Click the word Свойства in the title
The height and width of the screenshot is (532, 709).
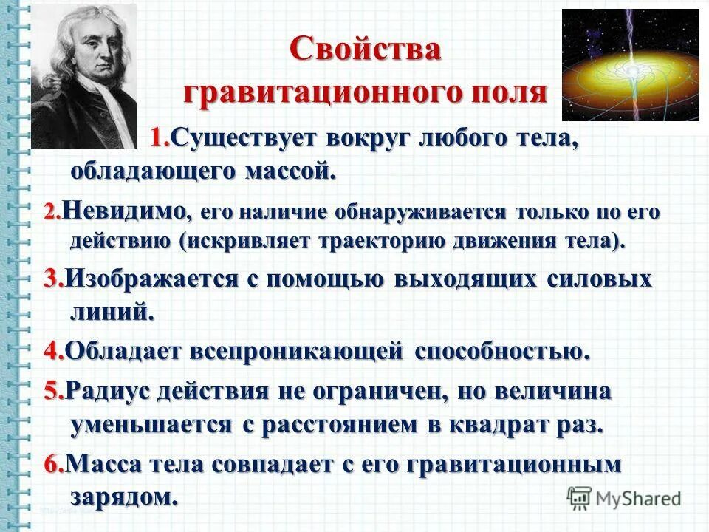[x=366, y=50]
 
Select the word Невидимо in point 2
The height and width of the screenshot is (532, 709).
[x=124, y=211]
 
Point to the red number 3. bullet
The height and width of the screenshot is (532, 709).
[x=53, y=279]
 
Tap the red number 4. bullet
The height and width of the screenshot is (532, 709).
[x=53, y=350]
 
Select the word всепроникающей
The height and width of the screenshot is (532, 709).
[x=295, y=350]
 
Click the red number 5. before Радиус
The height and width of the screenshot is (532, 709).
[x=53, y=390]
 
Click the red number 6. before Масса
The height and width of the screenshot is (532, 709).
[x=54, y=464]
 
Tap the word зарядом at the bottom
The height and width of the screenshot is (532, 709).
[x=124, y=494]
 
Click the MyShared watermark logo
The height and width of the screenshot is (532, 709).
[x=625, y=497]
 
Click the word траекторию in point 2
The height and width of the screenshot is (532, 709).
[x=355, y=241]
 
